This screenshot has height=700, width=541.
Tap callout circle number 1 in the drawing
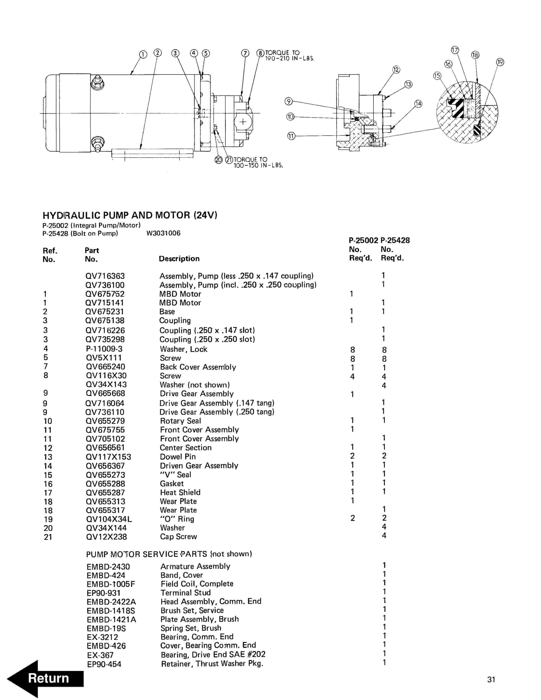[x=143, y=55]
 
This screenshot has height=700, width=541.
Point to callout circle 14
[x=418, y=104]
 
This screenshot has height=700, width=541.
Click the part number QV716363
[x=105, y=276]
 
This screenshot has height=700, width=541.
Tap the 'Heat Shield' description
[x=180, y=493]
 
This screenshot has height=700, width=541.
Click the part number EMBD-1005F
[x=111, y=584]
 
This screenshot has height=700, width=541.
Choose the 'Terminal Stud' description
[x=186, y=593]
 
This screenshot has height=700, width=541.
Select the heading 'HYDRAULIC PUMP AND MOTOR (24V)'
[x=130, y=215]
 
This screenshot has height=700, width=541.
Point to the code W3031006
[x=164, y=233]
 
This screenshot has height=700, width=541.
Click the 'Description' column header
[x=179, y=259]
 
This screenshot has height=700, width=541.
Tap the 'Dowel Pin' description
[x=177, y=457]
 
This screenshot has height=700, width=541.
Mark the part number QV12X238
[x=106, y=537]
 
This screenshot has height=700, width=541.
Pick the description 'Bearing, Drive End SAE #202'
[x=213, y=654]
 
